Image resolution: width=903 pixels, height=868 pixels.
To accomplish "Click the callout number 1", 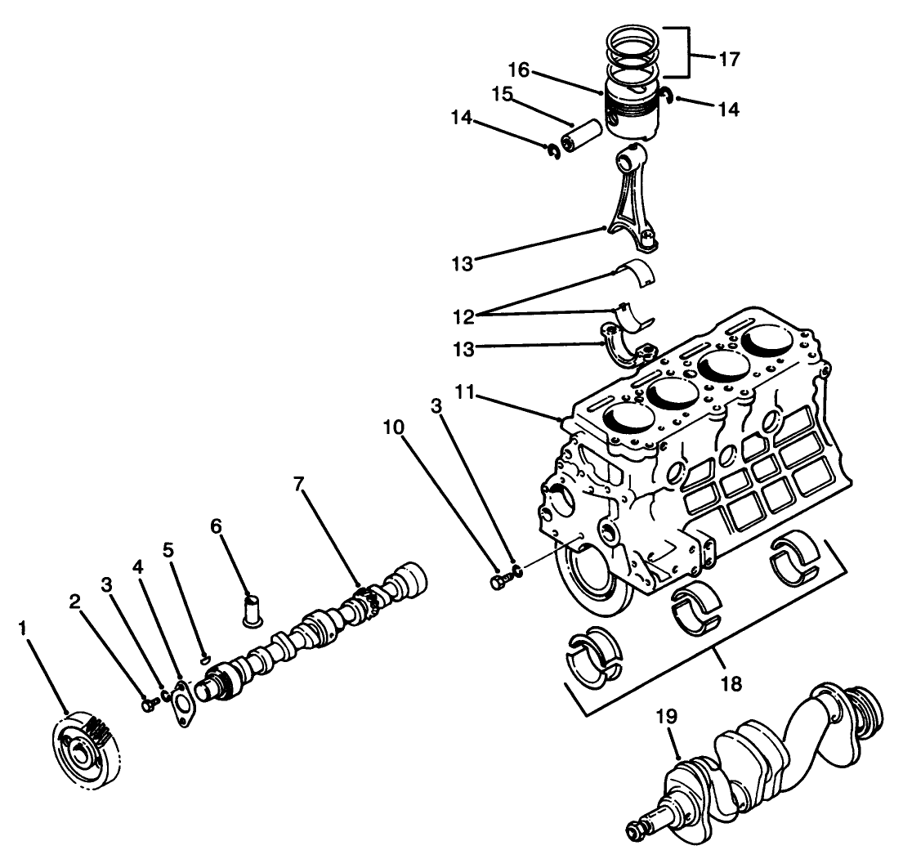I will [25, 629].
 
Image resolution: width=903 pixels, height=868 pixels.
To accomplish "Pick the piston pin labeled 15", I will [582, 132].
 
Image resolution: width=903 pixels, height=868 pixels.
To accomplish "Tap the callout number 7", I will [299, 485].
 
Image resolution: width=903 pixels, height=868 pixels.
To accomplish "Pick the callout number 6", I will [216, 526].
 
